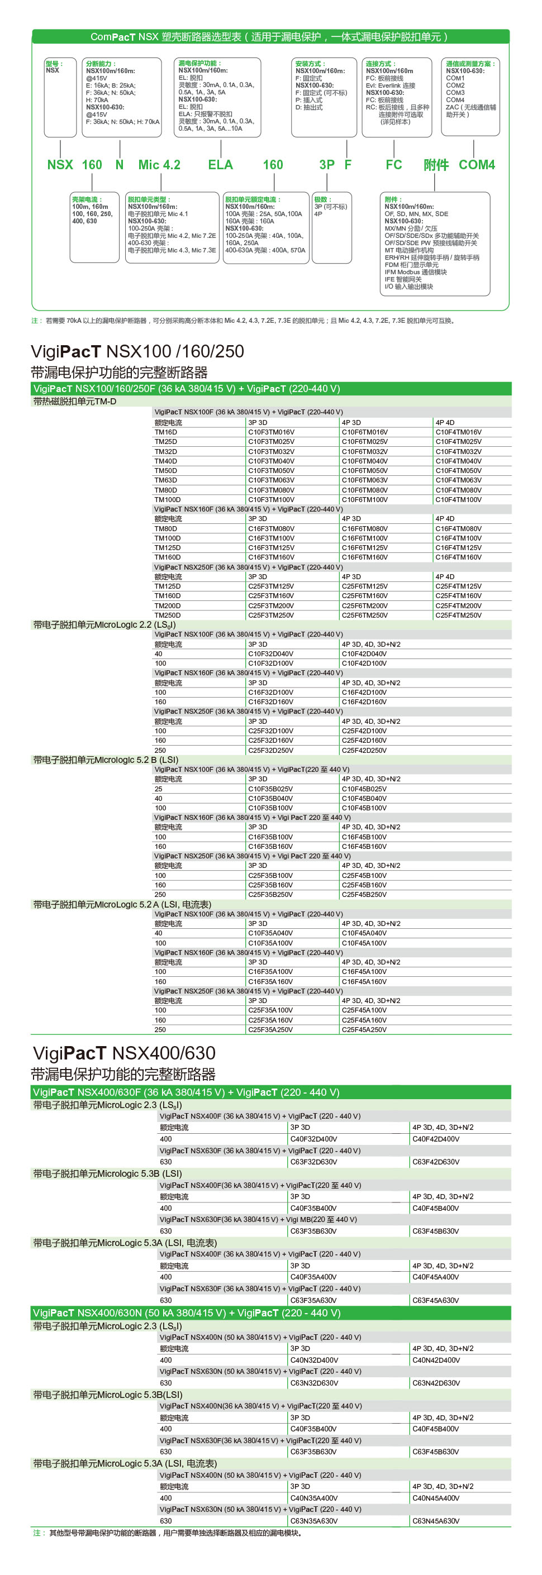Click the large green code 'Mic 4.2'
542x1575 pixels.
click(159, 164)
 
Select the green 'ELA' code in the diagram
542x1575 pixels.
click(220, 164)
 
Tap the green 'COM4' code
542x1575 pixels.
click(477, 164)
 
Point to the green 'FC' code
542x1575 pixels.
click(393, 164)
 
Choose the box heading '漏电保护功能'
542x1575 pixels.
click(199, 63)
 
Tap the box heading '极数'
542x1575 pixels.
click(322, 199)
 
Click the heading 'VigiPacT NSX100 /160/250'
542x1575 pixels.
click(137, 351)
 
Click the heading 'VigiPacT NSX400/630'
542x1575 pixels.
click(123, 1053)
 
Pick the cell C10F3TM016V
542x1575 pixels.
click(271, 432)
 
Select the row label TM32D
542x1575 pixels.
click(166, 452)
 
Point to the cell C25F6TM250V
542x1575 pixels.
click(365, 615)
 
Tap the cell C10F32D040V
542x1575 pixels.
click(270, 653)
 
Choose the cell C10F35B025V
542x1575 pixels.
click(270, 789)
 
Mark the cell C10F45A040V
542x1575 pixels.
click(364, 933)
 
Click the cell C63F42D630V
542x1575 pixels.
click(436, 1162)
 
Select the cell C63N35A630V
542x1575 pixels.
click(314, 1521)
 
